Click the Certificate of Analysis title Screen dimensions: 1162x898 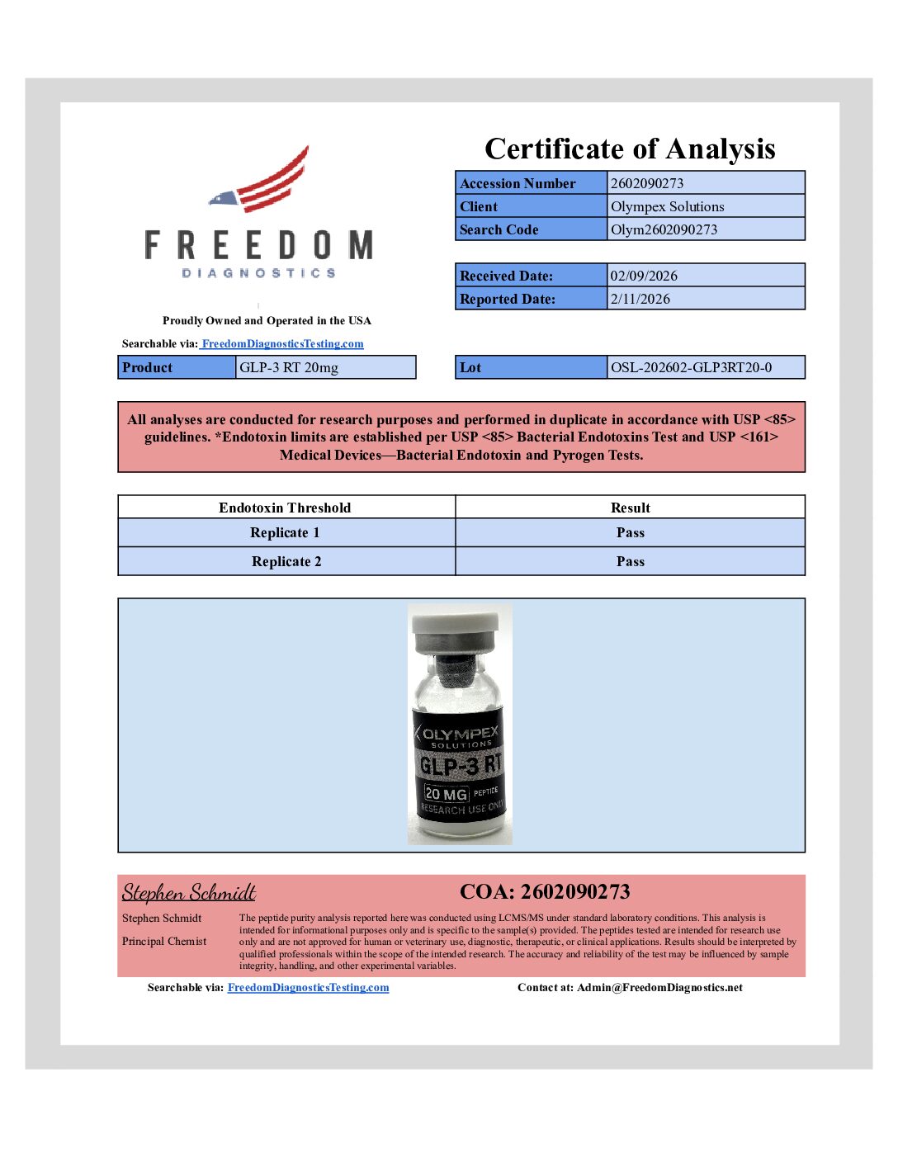coord(630,149)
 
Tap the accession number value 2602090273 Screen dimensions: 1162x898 coord(647,183)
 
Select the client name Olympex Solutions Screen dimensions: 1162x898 coord(667,206)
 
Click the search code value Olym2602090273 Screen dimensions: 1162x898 coord(664,229)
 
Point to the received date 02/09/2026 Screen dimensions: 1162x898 coord(644,276)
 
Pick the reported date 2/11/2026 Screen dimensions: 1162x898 coord(640,299)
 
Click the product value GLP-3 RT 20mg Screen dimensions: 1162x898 coord(289,367)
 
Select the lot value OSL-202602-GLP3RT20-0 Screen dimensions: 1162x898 coord(691,367)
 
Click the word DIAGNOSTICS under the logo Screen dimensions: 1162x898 coord(258,273)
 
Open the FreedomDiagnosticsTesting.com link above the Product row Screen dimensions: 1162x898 coord(282,344)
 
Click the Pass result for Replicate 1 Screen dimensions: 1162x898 coord(630,533)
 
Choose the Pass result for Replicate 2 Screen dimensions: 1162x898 coord(630,562)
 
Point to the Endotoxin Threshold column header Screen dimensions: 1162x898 coord(285,508)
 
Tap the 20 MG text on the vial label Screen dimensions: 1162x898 coord(446,794)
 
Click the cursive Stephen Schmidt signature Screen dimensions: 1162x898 coord(189,892)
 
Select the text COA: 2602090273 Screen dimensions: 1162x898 coord(545,892)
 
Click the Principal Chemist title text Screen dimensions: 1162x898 coord(164,942)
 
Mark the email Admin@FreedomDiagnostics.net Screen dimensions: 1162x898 coord(659,988)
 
